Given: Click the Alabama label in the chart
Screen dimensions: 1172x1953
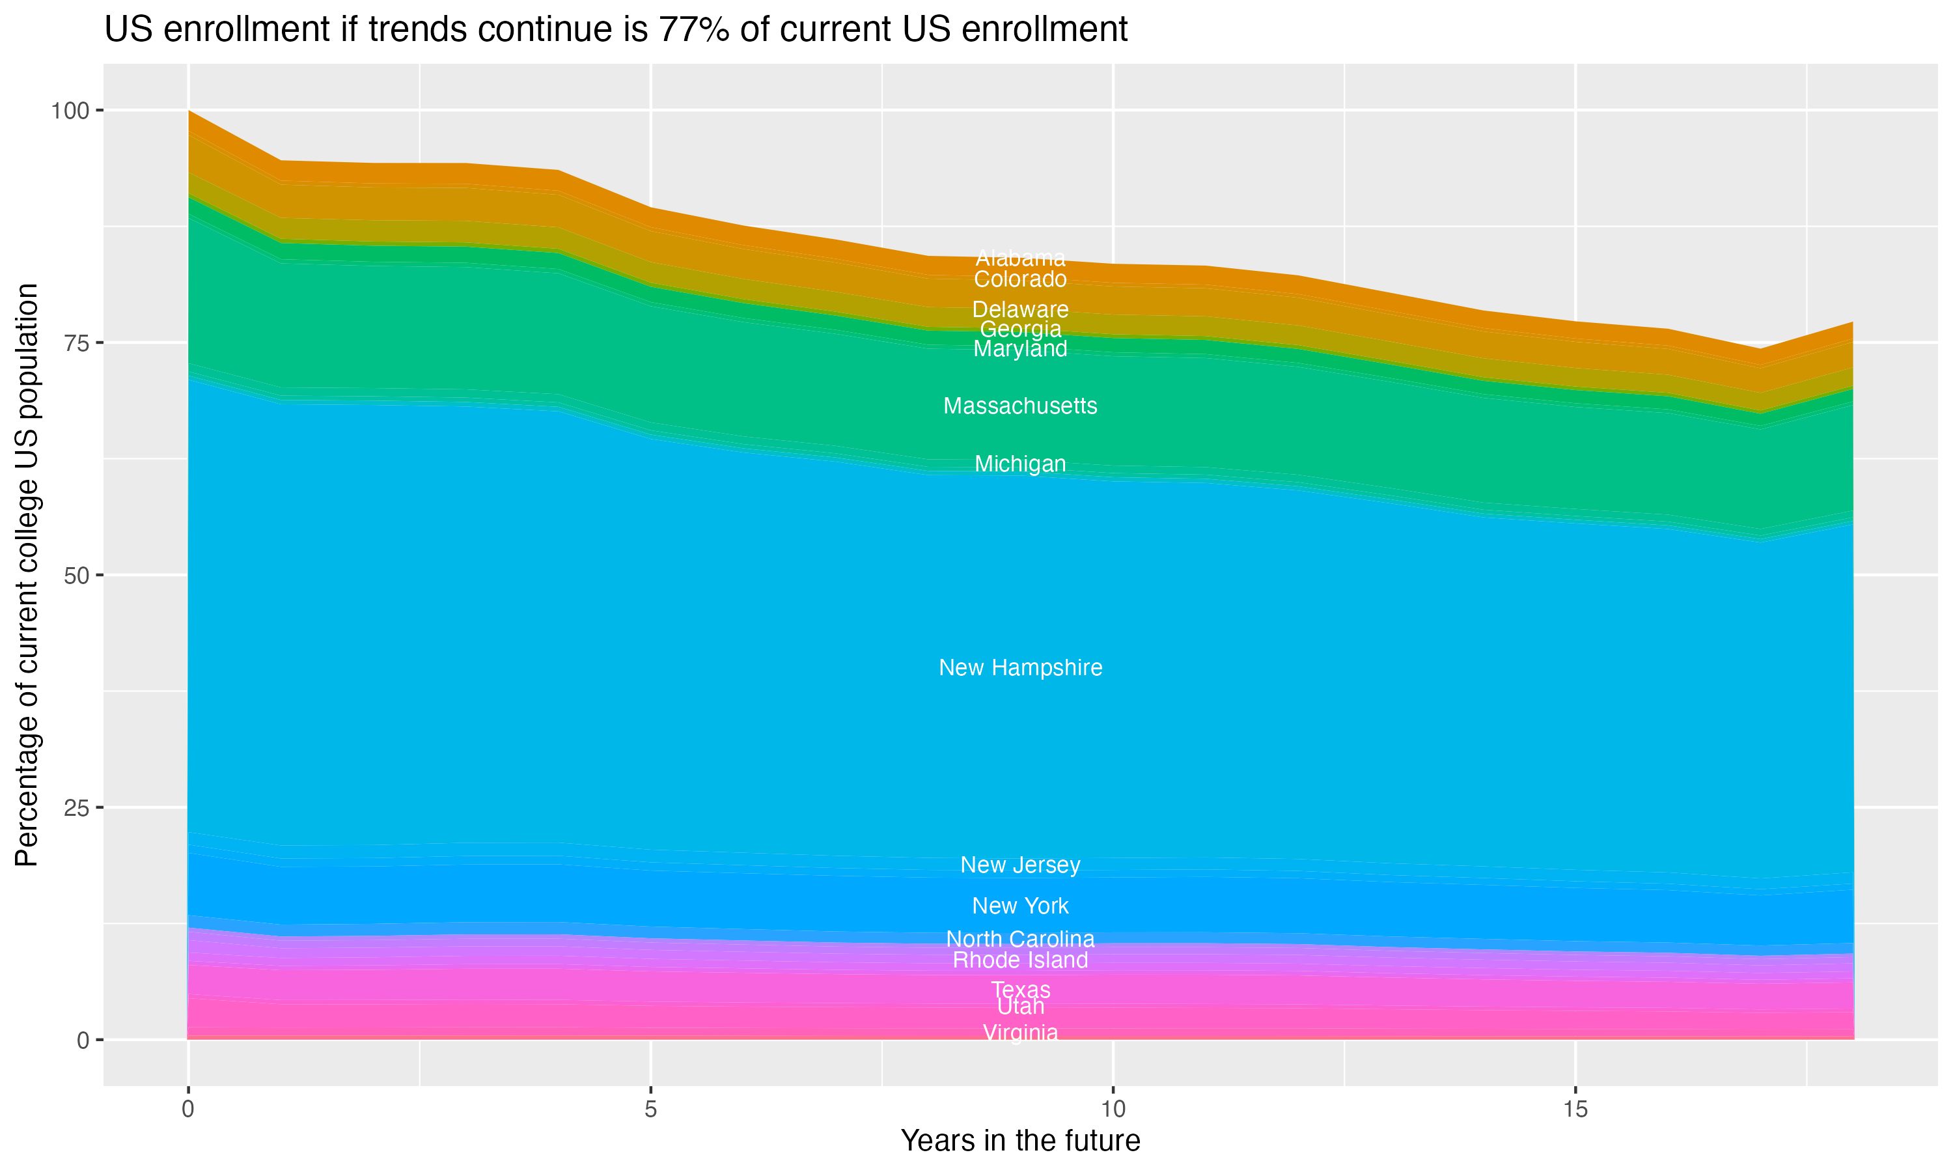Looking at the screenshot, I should [x=1020, y=258].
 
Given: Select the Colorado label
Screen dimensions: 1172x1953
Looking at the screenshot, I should [x=1020, y=279].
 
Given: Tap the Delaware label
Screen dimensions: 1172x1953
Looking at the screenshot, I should [x=1020, y=309].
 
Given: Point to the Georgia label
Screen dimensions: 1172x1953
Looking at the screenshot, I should [x=1020, y=329].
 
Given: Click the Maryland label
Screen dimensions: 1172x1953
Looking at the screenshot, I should [x=1020, y=348].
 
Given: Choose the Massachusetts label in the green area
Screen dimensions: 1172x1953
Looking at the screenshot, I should [x=1020, y=406].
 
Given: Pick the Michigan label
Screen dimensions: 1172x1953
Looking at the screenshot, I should [x=1020, y=464].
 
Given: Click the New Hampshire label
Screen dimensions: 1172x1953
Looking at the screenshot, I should [x=1020, y=667].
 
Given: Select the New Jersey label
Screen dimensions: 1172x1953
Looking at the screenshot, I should [x=1020, y=865].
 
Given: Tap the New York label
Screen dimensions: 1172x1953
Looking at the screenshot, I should [x=1020, y=906].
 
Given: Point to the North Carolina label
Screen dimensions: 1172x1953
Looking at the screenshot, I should [x=1020, y=939].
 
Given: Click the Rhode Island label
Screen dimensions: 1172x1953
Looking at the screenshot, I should [x=1020, y=960].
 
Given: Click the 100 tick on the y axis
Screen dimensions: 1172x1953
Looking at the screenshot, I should [x=70, y=111].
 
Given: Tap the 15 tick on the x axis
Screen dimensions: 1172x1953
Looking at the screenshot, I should [x=1575, y=1109].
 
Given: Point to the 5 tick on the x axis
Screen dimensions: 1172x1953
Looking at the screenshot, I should [x=650, y=1109].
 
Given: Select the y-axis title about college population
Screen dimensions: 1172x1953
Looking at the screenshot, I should [x=27, y=575].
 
